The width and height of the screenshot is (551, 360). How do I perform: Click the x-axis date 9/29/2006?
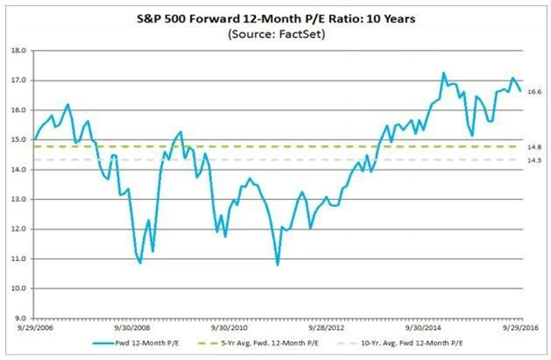33,327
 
